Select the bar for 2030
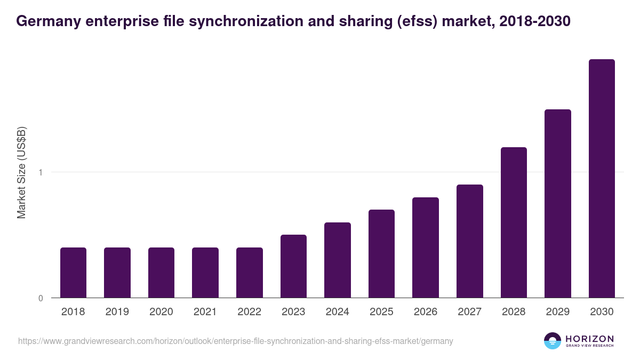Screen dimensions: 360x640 click(602, 179)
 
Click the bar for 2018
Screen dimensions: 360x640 click(73, 273)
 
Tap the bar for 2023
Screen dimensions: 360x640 click(293, 266)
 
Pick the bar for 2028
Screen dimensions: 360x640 click(514, 222)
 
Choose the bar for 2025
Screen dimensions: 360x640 click(381, 254)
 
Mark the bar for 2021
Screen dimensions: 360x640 click(205, 273)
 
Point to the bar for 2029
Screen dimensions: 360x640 click(557, 204)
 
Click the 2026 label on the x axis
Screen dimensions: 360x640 click(426, 312)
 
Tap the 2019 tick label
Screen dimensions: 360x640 click(117, 312)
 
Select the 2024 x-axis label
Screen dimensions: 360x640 click(337, 312)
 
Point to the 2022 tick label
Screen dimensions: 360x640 click(249, 312)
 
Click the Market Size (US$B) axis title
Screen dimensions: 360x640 click(22, 172)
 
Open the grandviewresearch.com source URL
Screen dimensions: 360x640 click(235, 341)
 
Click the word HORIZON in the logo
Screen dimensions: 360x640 click(589, 339)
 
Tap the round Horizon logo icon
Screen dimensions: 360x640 click(553, 341)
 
